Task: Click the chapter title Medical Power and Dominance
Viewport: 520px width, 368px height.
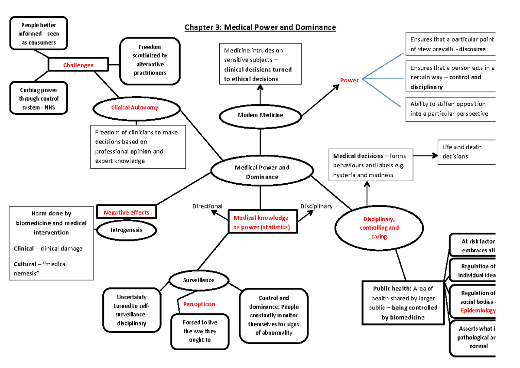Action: point(260,27)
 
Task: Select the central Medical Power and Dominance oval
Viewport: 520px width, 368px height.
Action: point(262,172)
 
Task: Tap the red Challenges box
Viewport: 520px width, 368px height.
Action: point(78,65)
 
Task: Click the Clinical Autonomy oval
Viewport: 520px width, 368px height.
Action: point(134,107)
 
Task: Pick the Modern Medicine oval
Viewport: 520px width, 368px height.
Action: point(260,115)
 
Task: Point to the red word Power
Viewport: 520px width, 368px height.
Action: point(349,80)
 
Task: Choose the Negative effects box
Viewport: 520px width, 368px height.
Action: point(126,212)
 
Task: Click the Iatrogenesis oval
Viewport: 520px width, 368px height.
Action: point(125,230)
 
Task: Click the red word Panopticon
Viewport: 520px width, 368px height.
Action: point(199,304)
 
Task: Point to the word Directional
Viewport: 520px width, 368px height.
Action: point(208,206)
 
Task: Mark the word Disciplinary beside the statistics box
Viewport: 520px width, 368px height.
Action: point(316,206)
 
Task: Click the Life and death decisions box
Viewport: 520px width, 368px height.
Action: point(465,152)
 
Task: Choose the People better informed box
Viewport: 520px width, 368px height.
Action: point(37,34)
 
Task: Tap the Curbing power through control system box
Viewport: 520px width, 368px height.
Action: point(38,98)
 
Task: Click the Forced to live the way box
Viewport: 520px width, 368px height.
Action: point(200,331)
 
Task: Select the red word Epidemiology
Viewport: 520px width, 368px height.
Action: point(478,311)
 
